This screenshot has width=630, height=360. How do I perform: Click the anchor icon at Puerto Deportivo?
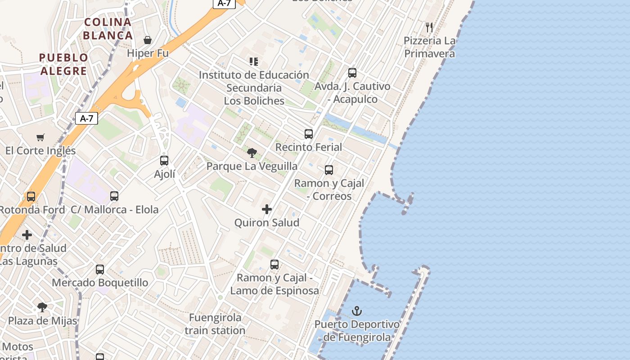pyautogui.click(x=357, y=310)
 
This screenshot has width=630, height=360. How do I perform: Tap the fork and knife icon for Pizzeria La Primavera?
pyautogui.click(x=429, y=27)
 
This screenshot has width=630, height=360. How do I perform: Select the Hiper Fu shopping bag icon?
pyautogui.click(x=148, y=40)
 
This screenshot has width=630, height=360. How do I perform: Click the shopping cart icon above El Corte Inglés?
pyautogui.click(x=40, y=137)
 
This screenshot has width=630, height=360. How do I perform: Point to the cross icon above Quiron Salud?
pyautogui.click(x=267, y=209)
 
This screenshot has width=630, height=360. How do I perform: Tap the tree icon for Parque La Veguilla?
pyautogui.click(x=252, y=153)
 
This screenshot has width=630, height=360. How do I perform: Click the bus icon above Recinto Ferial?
pyautogui.click(x=309, y=134)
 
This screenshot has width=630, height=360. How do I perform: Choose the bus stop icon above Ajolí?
pyautogui.click(x=164, y=161)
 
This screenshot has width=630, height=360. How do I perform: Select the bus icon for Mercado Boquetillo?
pyautogui.click(x=100, y=270)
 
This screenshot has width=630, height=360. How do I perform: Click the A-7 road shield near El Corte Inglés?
pyautogui.click(x=86, y=118)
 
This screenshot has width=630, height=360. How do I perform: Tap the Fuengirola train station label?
pyautogui.click(x=215, y=324)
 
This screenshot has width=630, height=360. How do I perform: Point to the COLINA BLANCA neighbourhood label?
pyautogui.click(x=108, y=28)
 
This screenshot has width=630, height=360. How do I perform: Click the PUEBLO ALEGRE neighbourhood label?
pyautogui.click(x=63, y=64)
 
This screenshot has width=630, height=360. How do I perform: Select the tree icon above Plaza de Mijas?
pyautogui.click(x=42, y=307)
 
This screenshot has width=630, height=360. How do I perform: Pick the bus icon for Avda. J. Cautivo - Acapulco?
pyautogui.click(x=352, y=73)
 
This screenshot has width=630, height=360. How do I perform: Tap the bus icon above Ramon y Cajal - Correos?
pyautogui.click(x=329, y=170)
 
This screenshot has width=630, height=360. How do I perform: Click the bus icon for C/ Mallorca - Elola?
pyautogui.click(x=114, y=196)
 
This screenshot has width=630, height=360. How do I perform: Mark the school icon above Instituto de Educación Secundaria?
pyautogui.click(x=254, y=62)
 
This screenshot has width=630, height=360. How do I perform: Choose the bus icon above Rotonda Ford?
pyautogui.click(x=31, y=197)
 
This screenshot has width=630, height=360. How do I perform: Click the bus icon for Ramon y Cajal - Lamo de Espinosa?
pyautogui.click(x=274, y=265)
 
